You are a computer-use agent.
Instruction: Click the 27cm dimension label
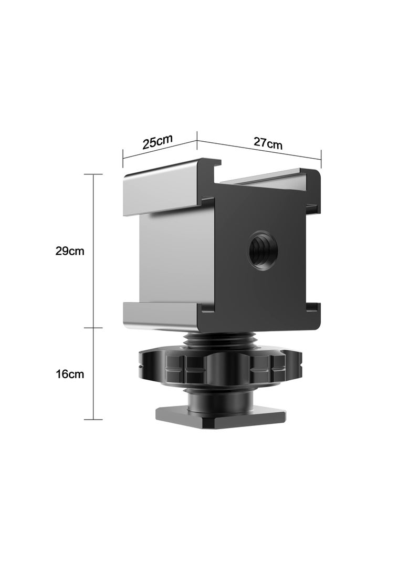pos(268,143)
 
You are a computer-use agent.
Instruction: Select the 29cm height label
pos(70,251)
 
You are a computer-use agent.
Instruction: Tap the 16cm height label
pos(70,374)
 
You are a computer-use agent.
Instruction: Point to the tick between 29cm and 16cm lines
pos(93,327)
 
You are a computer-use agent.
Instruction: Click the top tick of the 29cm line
pos(93,174)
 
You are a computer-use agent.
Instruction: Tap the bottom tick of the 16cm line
pos(93,419)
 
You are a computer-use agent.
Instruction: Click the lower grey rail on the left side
pos(160,314)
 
